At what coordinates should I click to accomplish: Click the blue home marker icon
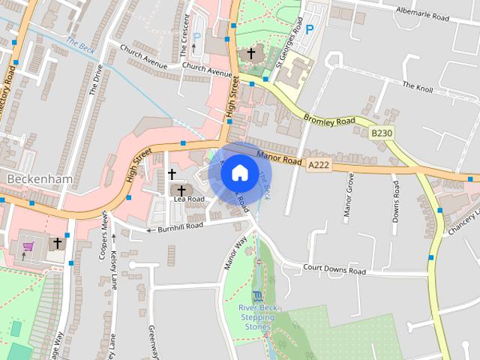click(239, 172)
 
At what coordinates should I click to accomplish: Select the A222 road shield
click(319, 164)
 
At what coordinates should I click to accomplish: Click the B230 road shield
click(382, 133)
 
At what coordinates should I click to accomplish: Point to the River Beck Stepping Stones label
click(257, 317)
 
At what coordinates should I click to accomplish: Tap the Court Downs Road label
click(334, 270)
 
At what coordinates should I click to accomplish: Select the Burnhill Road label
click(179, 226)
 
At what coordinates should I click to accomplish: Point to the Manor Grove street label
click(348, 195)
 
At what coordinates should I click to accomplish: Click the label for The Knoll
click(418, 86)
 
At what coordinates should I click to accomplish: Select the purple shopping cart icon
click(28, 245)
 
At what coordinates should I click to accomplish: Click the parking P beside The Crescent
click(196, 35)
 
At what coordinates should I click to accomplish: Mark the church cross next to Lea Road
click(181, 190)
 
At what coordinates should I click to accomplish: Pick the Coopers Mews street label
click(104, 239)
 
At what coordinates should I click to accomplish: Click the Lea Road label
click(189, 199)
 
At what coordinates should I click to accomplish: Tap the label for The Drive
click(96, 79)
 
